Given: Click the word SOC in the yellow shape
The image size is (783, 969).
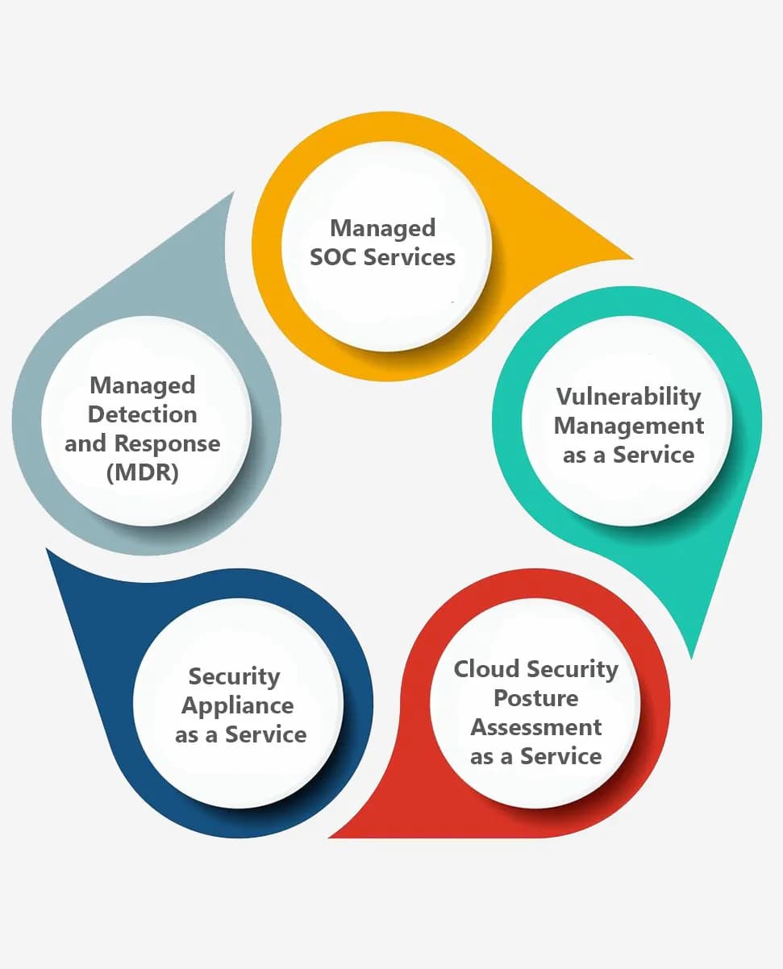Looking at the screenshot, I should pos(333,257).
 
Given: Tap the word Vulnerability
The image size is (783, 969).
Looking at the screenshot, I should pos(628,397).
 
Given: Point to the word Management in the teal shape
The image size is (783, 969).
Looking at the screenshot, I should pos(629,426).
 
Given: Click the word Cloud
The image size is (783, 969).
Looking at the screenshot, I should pos(486,669).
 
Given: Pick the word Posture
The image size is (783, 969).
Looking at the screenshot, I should pos(536,698).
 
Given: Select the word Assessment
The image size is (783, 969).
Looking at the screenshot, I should pos(536,727).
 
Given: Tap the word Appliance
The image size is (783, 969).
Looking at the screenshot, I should pos(237,706).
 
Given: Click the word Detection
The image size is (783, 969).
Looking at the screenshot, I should pos(143,414).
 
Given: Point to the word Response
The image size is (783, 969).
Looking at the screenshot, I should pos(167,443).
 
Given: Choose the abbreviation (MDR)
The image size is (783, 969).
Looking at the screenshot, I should pos(143,472).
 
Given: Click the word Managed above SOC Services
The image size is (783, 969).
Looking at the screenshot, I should pos(383,228).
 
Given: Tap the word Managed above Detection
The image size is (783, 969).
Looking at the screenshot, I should pos(143,385).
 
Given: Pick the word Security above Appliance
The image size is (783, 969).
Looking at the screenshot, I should pos(234,677).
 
